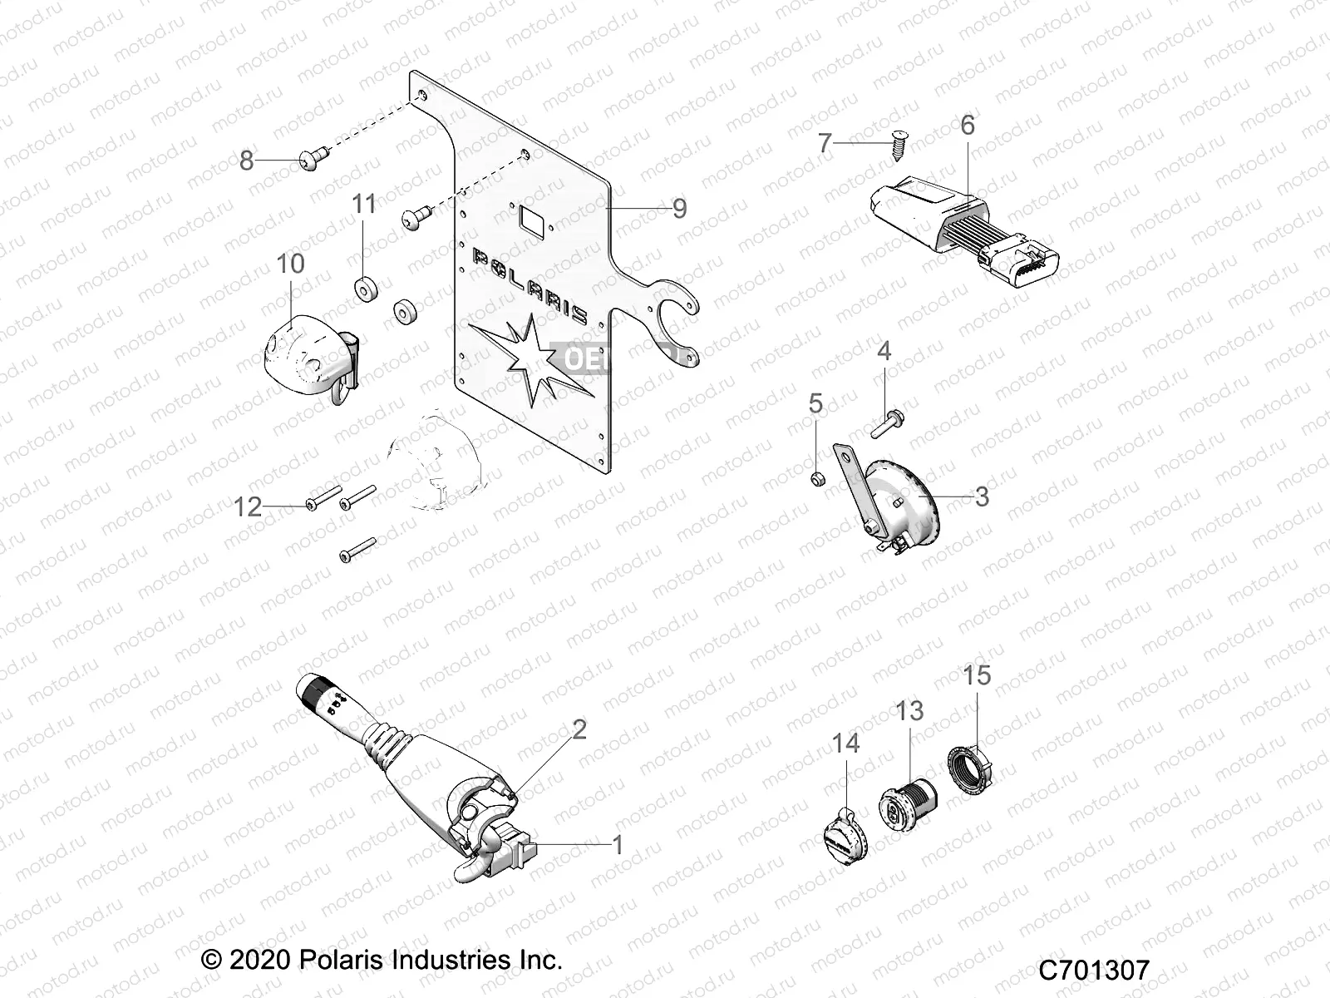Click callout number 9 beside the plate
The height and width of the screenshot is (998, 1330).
[x=679, y=208]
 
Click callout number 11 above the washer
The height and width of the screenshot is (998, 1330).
[x=364, y=204]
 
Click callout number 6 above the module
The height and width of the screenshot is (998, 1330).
[x=967, y=125]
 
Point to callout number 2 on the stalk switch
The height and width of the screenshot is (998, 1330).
[x=579, y=729]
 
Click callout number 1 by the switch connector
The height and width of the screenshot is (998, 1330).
[x=617, y=844]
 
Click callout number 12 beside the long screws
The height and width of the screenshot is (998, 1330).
[x=248, y=506]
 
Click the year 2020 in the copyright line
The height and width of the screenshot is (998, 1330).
[x=259, y=959]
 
